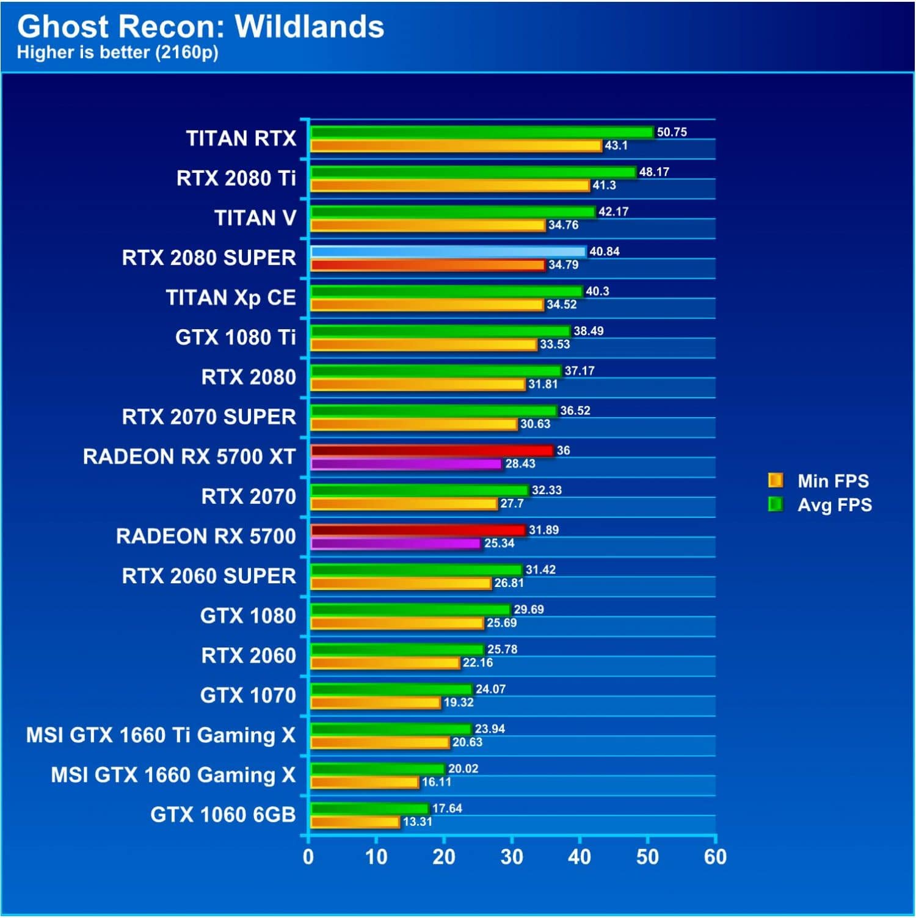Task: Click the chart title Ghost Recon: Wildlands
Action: [200, 27]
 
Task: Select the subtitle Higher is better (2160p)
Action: [117, 53]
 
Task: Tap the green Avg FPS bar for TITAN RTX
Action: [482, 132]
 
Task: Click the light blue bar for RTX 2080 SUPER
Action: [448, 252]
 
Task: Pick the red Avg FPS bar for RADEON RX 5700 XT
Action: [432, 451]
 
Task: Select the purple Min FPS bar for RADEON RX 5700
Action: [396, 544]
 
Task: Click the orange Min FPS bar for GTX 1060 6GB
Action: [355, 822]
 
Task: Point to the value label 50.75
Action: [672, 132]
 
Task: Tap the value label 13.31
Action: [418, 822]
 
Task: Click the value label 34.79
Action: [563, 265]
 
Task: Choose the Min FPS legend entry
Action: [820, 481]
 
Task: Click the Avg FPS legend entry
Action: [821, 505]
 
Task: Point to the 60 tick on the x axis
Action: [715, 858]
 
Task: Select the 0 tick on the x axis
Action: [308, 858]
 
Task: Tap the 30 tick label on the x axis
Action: [512, 858]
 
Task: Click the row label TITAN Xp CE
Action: [231, 298]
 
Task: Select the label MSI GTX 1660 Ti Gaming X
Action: [161, 735]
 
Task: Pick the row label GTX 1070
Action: [248, 696]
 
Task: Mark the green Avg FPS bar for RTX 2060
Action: [398, 649]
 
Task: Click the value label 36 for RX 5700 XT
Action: [563, 451]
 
